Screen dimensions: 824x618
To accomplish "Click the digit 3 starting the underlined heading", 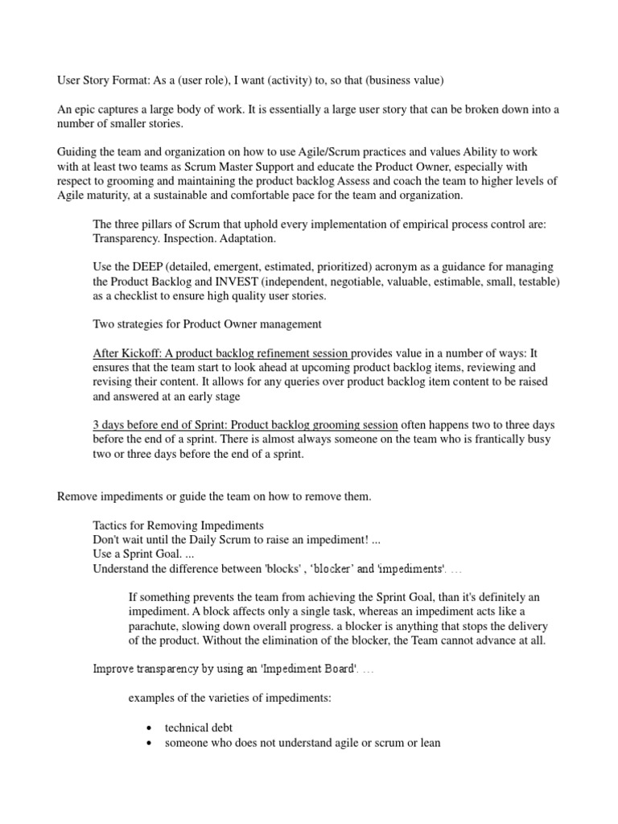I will click(97, 424).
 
